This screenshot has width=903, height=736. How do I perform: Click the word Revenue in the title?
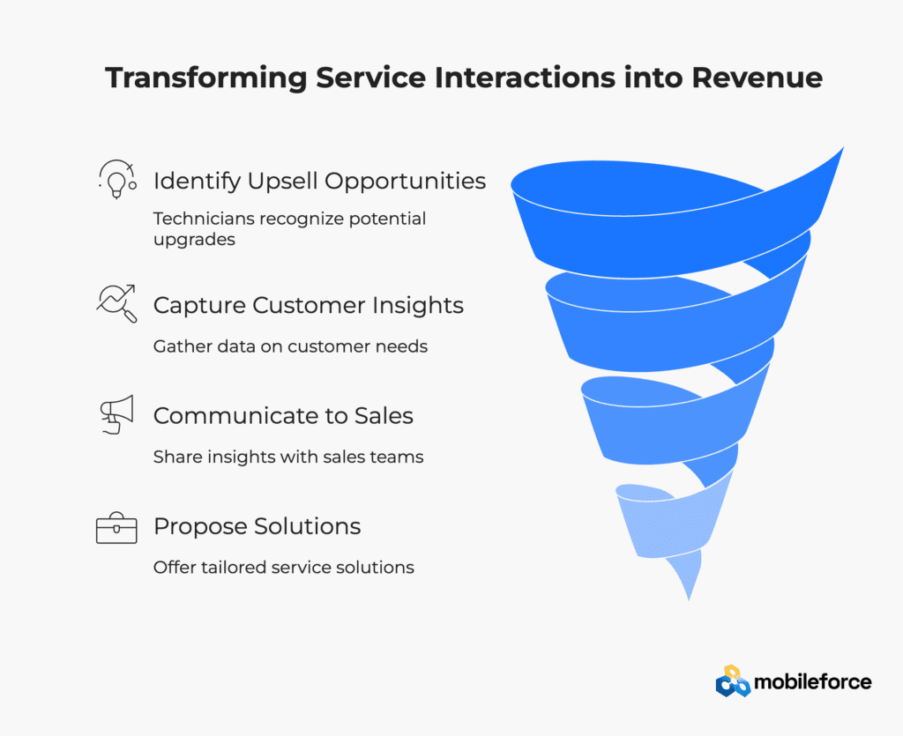pyautogui.click(x=757, y=78)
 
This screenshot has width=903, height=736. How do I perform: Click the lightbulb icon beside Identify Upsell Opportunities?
pyautogui.click(x=117, y=180)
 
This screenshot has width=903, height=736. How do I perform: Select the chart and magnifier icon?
pyautogui.click(x=117, y=303)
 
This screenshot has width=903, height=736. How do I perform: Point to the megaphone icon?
pyautogui.click(x=117, y=414)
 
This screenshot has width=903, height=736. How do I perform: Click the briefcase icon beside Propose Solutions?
pyautogui.click(x=116, y=528)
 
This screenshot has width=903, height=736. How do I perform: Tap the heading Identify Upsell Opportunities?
pyautogui.click(x=319, y=182)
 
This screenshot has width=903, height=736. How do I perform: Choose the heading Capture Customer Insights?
pyautogui.click(x=308, y=306)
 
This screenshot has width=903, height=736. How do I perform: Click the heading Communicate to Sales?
pyautogui.click(x=283, y=415)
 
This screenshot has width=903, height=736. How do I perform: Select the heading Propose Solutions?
pyautogui.click(x=257, y=526)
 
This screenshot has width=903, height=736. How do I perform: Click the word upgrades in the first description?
pyautogui.click(x=194, y=240)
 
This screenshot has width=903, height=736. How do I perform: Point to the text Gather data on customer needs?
pyautogui.click(x=290, y=346)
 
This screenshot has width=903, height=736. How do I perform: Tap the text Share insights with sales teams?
pyautogui.click(x=288, y=457)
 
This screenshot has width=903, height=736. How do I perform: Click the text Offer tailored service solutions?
pyautogui.click(x=283, y=568)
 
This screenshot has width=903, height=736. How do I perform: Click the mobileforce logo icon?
pyautogui.click(x=733, y=681)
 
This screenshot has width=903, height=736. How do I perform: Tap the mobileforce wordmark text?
pyautogui.click(x=812, y=682)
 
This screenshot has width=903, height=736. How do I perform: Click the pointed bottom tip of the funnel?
pyautogui.click(x=689, y=600)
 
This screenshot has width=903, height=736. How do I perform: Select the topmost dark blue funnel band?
pyautogui.click(x=662, y=230)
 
